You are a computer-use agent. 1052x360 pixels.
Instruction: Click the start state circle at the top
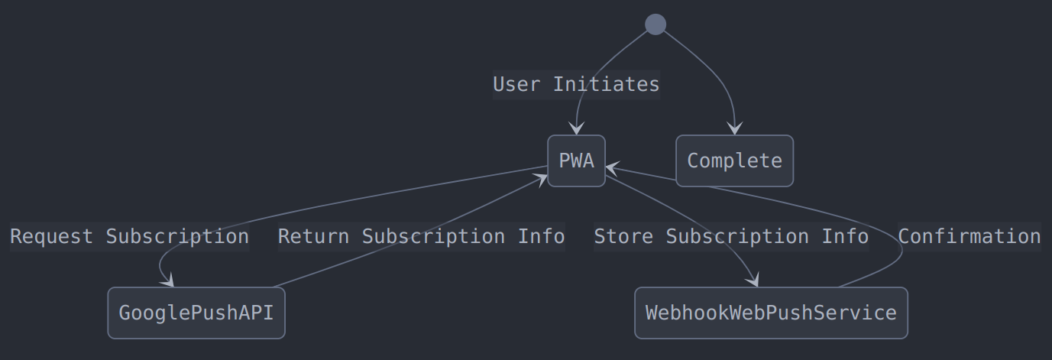pos(655,24)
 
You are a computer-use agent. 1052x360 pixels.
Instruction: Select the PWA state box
pos(576,161)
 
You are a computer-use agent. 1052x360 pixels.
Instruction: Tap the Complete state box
pos(734,161)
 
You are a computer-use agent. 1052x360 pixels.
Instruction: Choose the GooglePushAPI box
pos(196,313)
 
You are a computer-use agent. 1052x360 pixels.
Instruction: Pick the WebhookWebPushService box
pos(771,313)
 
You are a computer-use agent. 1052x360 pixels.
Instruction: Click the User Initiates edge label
pos(576,84)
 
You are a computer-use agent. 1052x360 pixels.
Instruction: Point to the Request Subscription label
pos(129,236)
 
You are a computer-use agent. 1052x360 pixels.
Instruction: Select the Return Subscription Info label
pos(421,236)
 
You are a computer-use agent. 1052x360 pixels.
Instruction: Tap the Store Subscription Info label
pos(731,236)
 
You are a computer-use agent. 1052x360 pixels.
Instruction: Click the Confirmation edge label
pos(969,236)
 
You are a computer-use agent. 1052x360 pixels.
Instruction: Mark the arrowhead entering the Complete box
pos(735,129)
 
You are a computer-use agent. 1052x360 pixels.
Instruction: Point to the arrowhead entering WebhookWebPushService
pos(753,281)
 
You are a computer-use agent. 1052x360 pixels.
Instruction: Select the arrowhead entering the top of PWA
pos(577,129)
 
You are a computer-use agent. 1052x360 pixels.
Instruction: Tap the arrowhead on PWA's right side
pos(611,167)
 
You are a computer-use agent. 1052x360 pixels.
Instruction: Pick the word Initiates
pos(606,84)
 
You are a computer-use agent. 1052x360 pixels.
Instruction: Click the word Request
pos(51,236)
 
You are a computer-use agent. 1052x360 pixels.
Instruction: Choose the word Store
pos(623,236)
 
